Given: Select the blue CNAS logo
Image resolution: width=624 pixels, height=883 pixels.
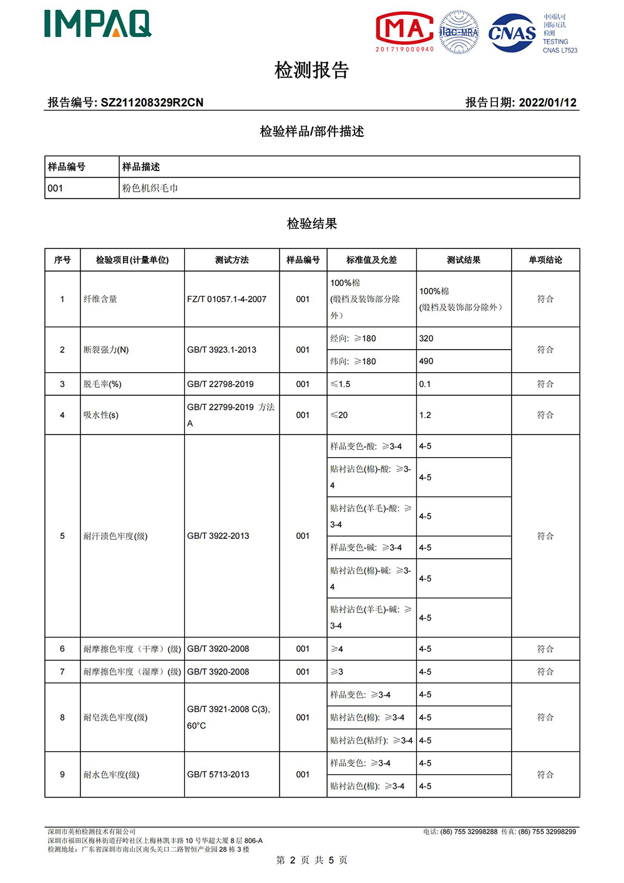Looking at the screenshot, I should (x=512, y=32).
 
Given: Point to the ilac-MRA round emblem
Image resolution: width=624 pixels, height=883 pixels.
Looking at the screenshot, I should (x=459, y=32).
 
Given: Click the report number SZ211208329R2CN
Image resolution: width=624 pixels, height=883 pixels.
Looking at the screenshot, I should (x=152, y=102).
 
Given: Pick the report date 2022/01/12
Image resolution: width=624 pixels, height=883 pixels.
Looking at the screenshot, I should (x=547, y=102).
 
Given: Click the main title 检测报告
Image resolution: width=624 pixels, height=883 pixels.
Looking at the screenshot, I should (x=311, y=70).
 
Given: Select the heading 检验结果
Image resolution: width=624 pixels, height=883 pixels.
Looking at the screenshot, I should (x=311, y=224).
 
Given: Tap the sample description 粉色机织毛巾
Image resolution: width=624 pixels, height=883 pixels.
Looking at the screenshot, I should (x=150, y=188).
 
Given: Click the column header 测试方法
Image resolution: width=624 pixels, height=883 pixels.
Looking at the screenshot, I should (x=232, y=260).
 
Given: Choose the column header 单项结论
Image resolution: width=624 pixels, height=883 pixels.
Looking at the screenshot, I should (x=545, y=260).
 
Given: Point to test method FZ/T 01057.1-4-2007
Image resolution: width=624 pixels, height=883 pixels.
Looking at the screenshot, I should (x=227, y=299).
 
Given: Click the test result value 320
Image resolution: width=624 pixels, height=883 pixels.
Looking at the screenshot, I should (x=426, y=338).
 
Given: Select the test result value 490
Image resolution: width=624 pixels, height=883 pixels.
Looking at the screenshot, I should (x=426, y=361).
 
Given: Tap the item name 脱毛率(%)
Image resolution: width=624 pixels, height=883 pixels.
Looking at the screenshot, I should (x=102, y=384).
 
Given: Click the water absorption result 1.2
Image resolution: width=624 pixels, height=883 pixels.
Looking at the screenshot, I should (x=425, y=415).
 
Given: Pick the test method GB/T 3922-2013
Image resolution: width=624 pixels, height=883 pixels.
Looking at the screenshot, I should (x=218, y=536).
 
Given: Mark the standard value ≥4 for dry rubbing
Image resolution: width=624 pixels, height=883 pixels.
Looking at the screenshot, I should (x=337, y=649).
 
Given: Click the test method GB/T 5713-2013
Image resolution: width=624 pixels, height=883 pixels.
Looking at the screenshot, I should (x=218, y=774).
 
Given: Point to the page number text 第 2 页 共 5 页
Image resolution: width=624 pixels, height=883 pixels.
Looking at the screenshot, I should (x=311, y=860).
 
